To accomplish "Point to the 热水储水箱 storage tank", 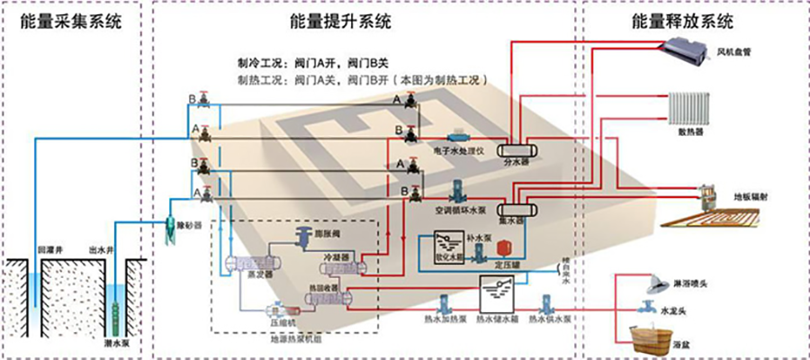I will click(x=496, y=293).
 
